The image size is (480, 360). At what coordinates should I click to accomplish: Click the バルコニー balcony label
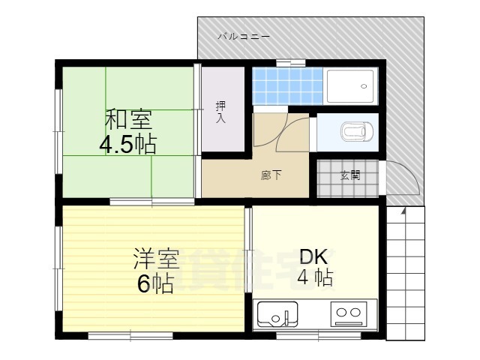[x=244, y=36]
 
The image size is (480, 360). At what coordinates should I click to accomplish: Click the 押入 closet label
[x=220, y=112]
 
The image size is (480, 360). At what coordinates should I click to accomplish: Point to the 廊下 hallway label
[x=271, y=175]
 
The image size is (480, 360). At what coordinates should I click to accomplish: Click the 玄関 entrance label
[x=349, y=175]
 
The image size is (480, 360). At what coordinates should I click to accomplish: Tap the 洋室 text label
[x=156, y=260]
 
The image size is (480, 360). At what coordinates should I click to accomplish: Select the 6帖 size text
[x=156, y=284]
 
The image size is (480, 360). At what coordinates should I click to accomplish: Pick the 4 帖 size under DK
[x=315, y=277]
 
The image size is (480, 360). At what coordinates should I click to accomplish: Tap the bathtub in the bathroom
[x=351, y=86]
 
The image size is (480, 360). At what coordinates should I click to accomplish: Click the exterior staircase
[x=405, y=274]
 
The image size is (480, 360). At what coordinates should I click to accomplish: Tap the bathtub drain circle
[x=364, y=86]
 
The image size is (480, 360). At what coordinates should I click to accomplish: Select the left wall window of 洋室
[x=58, y=266]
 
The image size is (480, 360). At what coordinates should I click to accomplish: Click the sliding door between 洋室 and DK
[x=250, y=255]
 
